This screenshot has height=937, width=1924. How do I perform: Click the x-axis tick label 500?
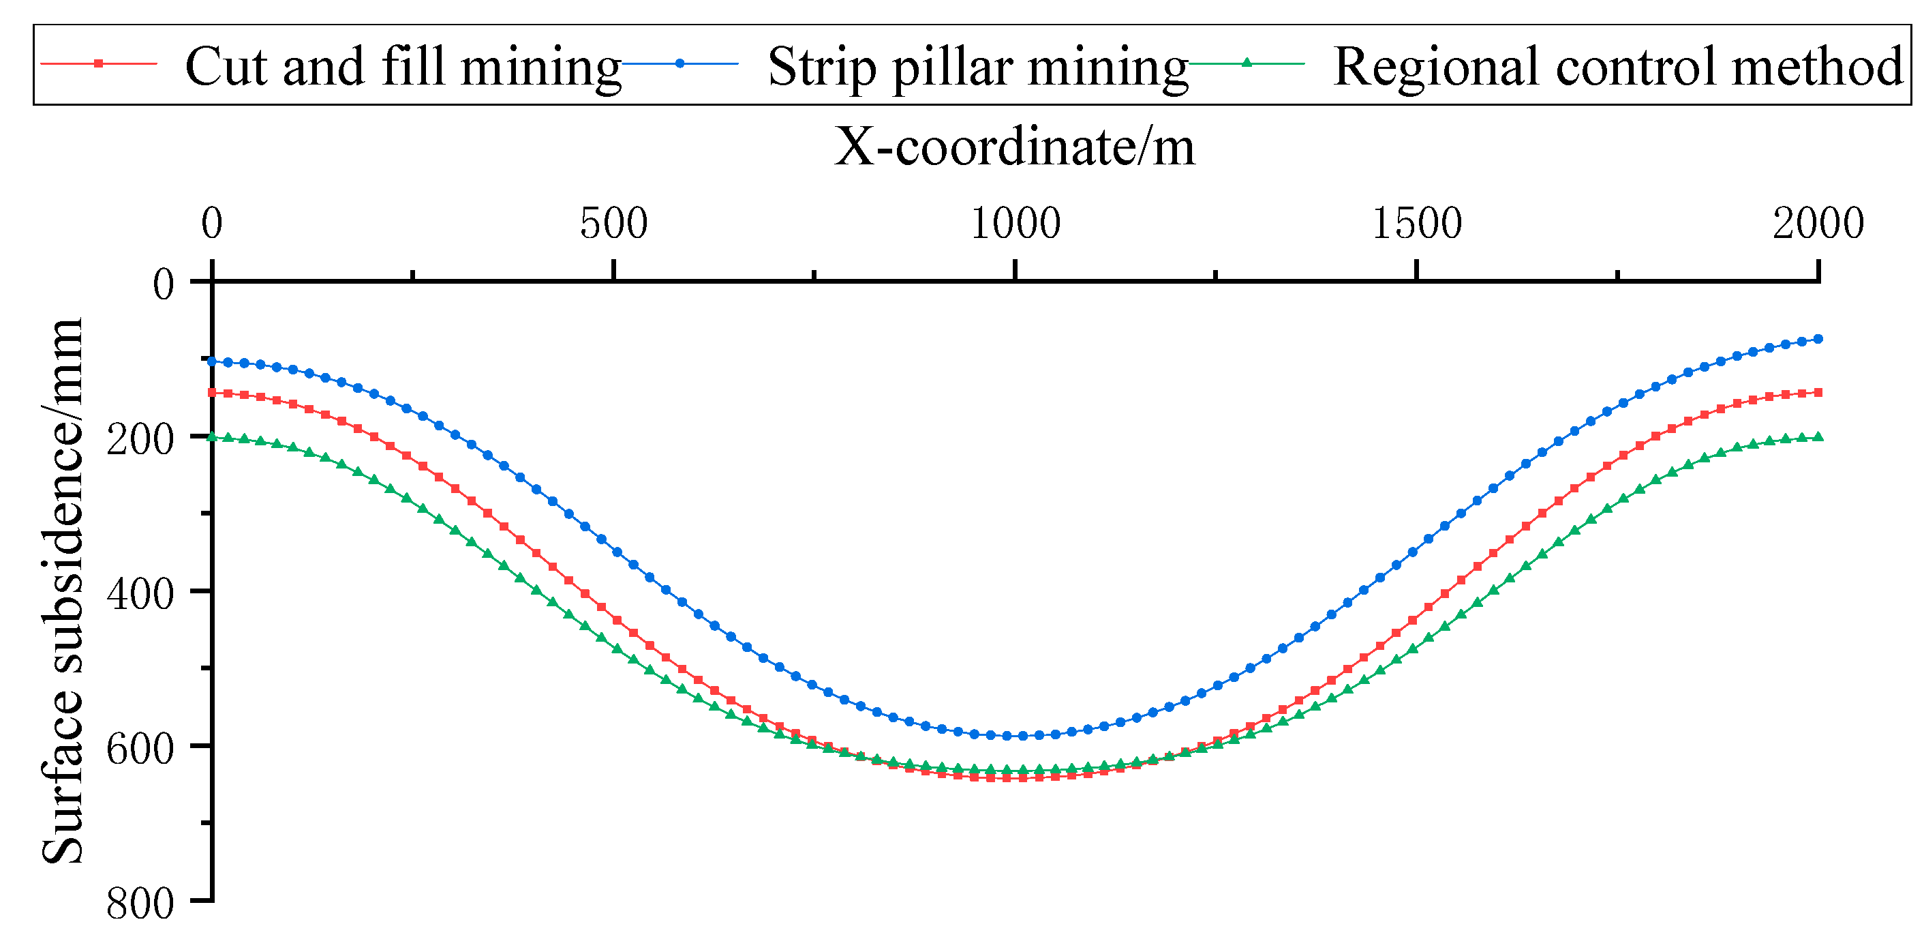tap(613, 224)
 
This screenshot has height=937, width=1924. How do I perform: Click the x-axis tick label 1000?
tap(1015, 224)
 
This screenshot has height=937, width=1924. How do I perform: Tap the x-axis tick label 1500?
tap(1417, 224)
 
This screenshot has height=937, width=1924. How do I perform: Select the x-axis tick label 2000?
tap(1818, 224)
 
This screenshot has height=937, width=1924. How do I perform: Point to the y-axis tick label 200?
tap(140, 439)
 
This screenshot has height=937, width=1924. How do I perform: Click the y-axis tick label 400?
tap(140, 595)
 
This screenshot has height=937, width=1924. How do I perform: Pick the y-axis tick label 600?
tap(140, 749)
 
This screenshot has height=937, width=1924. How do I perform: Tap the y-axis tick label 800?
tap(140, 904)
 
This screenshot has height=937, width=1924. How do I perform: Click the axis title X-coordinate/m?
tap(1014, 147)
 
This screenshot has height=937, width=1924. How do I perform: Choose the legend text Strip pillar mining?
tap(979, 68)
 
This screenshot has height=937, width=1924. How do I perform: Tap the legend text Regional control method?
tap(1618, 68)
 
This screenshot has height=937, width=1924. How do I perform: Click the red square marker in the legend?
tap(99, 63)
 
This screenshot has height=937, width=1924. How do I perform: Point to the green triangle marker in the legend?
tap(1246, 63)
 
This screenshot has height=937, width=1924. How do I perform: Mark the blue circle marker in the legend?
tap(679, 63)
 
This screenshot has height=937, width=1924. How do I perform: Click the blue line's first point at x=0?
tap(212, 361)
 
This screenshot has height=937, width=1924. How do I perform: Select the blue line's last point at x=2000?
tap(1818, 339)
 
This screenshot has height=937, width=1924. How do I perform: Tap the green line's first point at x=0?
tap(212, 437)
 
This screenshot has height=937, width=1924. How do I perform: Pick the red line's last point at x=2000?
tap(1818, 392)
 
